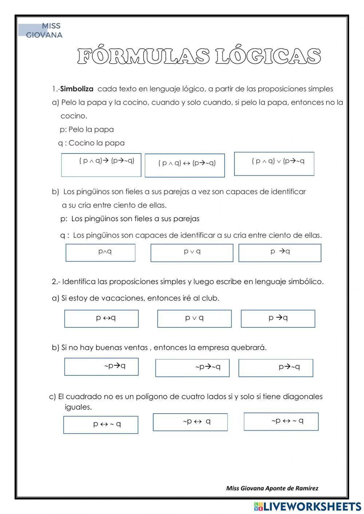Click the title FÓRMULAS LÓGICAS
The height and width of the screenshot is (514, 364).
click(199, 56)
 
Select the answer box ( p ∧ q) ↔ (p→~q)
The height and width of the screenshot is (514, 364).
click(185, 166)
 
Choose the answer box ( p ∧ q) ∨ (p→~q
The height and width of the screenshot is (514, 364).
click(274, 164)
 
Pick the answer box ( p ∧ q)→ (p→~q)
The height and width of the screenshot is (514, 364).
click(101, 165)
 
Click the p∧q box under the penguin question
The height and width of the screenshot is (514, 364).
click(100, 252)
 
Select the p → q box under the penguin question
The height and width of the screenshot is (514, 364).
click(280, 253)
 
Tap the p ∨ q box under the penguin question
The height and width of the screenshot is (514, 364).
click(191, 253)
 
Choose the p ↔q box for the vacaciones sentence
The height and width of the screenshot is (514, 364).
click(101, 319)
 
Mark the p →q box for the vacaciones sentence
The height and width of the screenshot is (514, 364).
click(278, 319)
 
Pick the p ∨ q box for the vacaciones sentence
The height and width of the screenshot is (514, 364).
click(194, 319)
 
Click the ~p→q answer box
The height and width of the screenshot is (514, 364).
click(101, 367)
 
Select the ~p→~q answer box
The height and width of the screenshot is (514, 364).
click(192, 368)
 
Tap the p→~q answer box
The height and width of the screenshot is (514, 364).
click(276, 368)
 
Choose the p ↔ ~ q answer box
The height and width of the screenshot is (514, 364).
click(101, 425)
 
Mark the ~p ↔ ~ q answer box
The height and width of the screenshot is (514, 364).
click(281, 422)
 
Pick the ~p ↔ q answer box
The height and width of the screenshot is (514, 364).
click(190, 422)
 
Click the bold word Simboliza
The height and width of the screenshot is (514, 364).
click(77, 89)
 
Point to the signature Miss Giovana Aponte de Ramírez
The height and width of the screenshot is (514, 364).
click(272, 488)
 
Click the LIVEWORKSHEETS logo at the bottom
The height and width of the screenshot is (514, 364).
click(308, 506)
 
